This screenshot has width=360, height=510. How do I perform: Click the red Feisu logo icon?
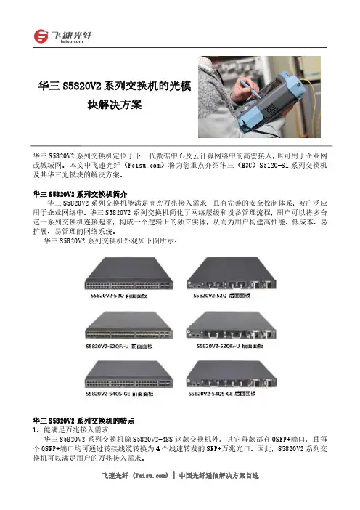41,36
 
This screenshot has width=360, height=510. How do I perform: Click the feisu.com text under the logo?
71,41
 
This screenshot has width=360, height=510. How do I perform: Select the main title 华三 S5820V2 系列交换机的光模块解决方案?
115,95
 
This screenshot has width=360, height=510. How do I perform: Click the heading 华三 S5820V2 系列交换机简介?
80,194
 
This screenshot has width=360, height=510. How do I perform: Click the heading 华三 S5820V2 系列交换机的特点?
83,421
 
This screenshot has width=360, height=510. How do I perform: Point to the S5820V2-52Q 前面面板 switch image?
128,273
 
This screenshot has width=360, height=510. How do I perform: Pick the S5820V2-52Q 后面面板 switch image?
232,273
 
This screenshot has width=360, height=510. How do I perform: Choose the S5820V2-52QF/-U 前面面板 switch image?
128,325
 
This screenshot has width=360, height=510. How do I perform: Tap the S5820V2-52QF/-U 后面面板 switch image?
232,325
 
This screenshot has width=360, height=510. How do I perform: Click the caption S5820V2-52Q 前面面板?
118,296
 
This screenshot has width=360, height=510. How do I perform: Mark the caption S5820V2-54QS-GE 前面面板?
119,394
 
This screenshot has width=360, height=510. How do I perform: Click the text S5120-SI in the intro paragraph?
274,165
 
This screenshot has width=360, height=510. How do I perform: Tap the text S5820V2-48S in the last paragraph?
152,439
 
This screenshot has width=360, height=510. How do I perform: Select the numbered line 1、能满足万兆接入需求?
70,429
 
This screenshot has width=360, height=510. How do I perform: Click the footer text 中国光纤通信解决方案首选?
218,476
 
